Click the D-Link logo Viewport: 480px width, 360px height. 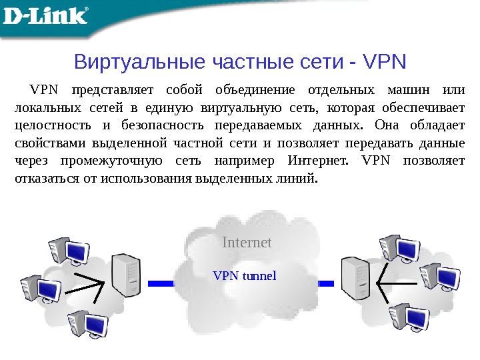click(x=46, y=15)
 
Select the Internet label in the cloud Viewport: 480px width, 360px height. click(x=247, y=243)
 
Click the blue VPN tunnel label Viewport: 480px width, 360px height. click(x=244, y=275)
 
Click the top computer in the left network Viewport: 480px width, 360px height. click(x=67, y=249)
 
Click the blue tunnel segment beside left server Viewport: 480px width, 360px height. click(x=161, y=283)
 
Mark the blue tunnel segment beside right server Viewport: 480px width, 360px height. click(x=325, y=283)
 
